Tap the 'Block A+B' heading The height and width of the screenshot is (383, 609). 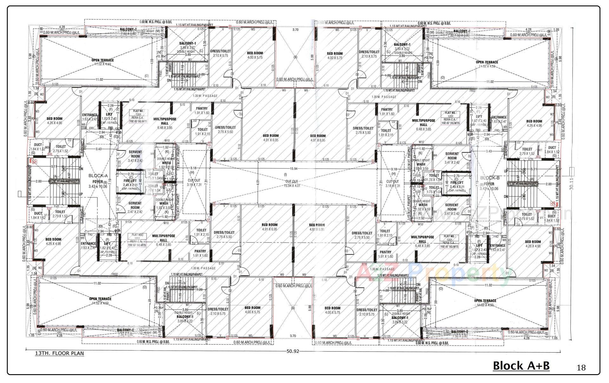[521, 366]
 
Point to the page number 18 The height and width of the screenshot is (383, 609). [581, 367]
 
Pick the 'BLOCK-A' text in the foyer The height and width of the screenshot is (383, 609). [98, 176]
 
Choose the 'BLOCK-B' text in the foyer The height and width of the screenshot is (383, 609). [490, 178]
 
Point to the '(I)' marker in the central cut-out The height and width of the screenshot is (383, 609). [285, 174]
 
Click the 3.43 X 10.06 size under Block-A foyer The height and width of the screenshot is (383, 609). [98, 186]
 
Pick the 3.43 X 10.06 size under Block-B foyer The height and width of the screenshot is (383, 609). [489, 189]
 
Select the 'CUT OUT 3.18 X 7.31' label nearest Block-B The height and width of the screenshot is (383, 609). [392, 184]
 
